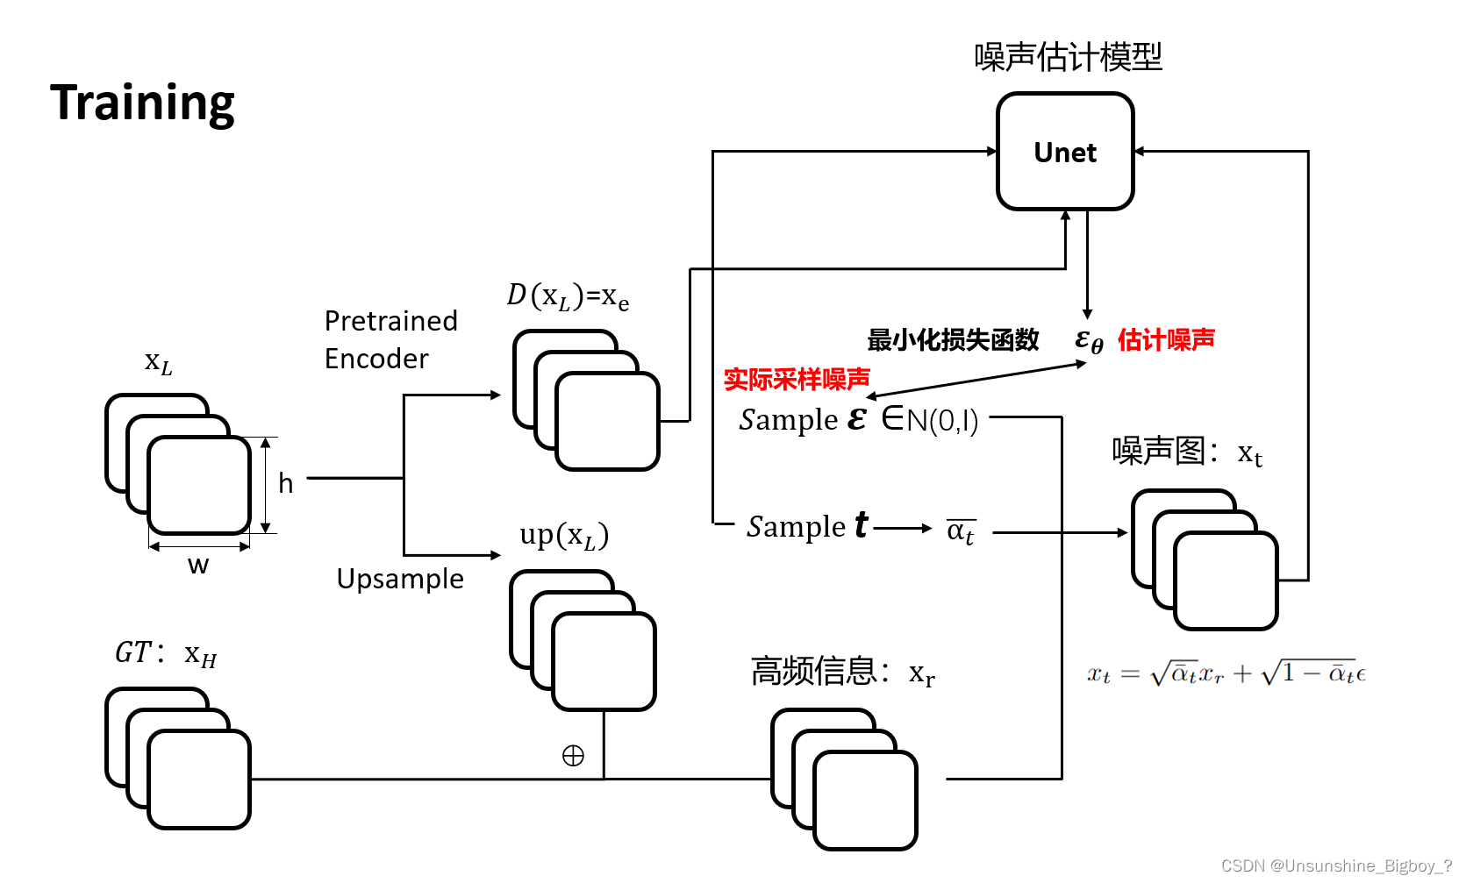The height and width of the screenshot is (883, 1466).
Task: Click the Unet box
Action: [1065, 152]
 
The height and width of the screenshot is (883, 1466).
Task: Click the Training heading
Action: [142, 103]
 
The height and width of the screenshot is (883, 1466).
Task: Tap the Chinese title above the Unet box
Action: [1068, 57]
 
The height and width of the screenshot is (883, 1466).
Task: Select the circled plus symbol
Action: [573, 756]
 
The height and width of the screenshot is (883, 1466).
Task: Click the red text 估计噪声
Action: [1166, 339]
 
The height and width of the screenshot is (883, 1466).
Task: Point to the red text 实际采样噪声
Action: [797, 379]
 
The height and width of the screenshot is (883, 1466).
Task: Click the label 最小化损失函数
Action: [953, 339]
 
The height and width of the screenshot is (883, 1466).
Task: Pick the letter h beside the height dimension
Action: [285, 483]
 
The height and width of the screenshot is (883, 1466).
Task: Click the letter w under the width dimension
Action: [198, 565]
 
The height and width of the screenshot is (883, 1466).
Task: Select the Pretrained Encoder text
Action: [390, 339]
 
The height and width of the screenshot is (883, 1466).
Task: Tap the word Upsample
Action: [400, 579]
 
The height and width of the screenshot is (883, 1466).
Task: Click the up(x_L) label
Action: [563, 535]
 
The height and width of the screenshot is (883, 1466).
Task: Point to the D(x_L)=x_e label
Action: [568, 296]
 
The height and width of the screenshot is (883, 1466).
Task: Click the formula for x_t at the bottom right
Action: [1226, 673]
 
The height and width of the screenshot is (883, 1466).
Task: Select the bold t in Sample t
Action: [861, 524]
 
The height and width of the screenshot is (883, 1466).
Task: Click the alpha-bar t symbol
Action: [961, 531]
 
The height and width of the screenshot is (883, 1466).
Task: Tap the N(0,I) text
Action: [942, 421]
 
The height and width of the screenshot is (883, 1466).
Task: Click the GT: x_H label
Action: [166, 653]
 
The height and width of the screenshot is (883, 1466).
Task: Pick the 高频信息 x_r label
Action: [842, 672]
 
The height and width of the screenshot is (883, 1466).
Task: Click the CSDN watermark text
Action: [1336, 865]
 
